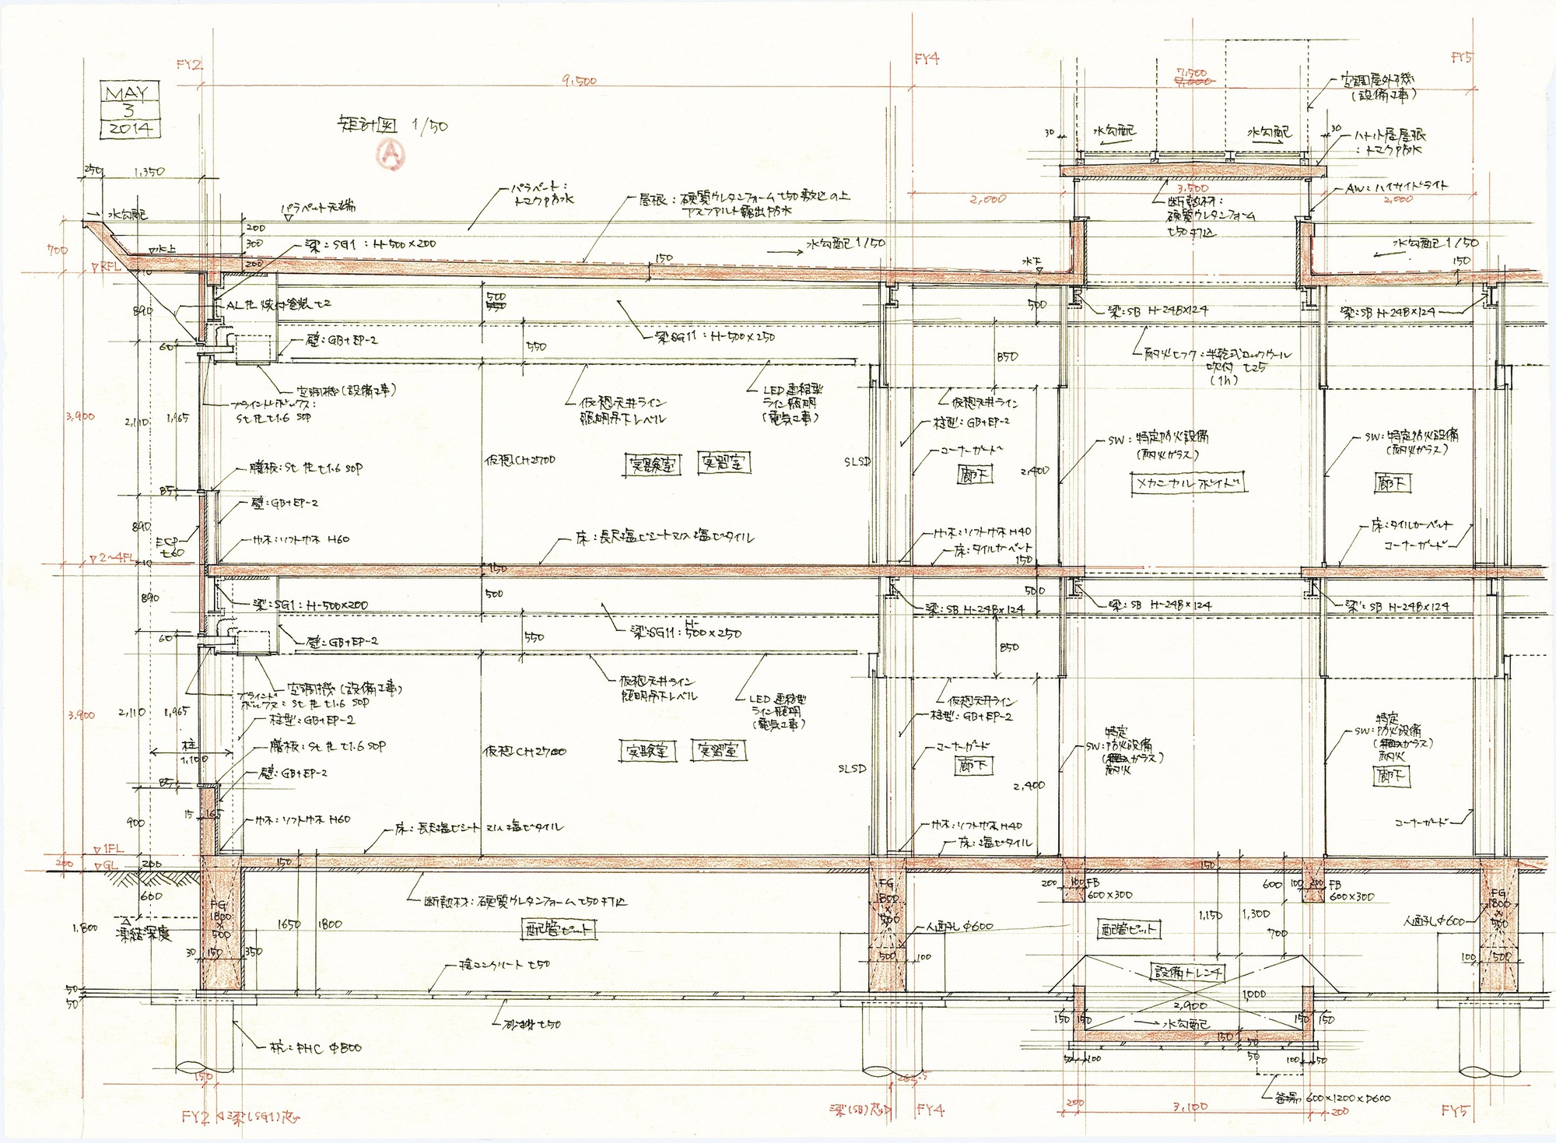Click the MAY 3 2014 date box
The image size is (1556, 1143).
(x=131, y=110)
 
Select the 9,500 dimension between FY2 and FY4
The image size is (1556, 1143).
(x=577, y=80)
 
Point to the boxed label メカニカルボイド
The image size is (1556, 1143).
(x=1187, y=483)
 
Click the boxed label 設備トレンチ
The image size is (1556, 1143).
(x=1188, y=973)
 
